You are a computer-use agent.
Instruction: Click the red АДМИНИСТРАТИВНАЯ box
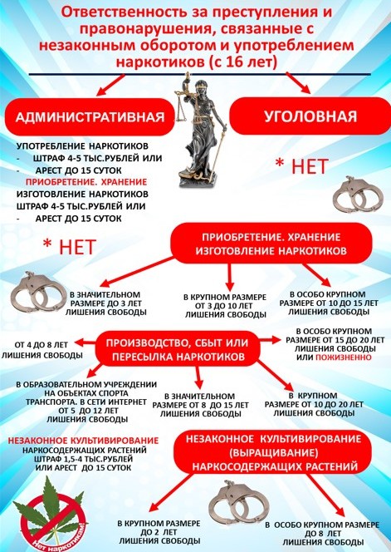pos(90,116)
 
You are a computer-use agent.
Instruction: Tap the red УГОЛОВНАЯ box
pos(310,116)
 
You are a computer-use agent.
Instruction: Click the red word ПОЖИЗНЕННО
pos(343,357)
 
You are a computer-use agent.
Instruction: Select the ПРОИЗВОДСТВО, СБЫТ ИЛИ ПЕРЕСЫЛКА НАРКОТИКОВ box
pos(178,350)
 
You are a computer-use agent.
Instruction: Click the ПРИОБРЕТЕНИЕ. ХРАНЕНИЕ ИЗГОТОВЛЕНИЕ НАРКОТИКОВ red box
pos(271,244)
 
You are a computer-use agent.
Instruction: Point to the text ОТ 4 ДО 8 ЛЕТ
pos(42,345)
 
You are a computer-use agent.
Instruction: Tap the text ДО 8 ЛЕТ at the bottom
pos(323,534)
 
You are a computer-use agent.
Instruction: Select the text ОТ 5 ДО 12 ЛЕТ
pos(88,411)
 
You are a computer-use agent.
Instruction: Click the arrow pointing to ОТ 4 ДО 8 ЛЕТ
pos(85,343)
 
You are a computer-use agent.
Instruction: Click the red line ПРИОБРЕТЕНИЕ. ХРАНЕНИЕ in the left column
pos(86,182)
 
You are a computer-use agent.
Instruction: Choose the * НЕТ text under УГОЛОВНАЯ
pos(301,166)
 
